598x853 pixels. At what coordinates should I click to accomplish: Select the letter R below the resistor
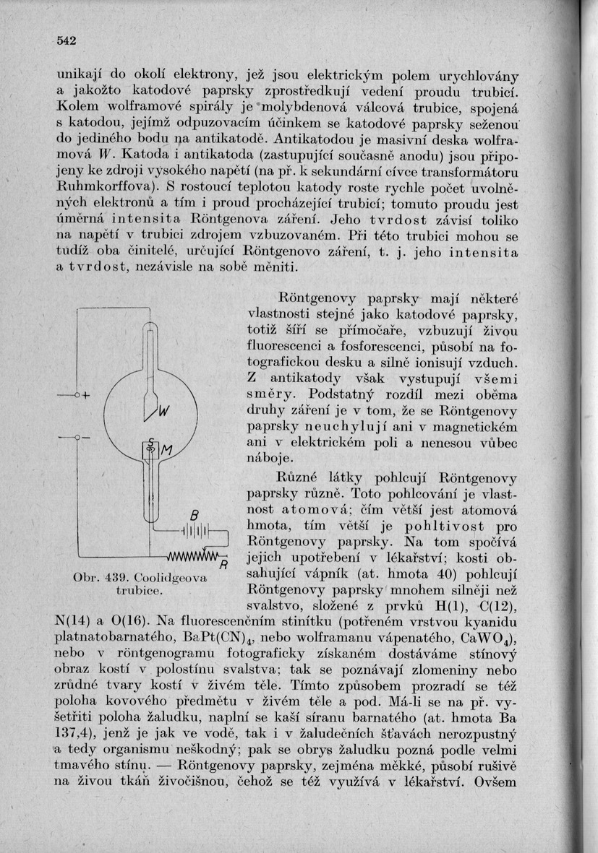click(224, 563)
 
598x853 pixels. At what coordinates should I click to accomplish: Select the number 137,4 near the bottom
click(75, 733)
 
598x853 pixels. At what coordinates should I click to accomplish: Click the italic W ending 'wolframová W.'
click(106, 155)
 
